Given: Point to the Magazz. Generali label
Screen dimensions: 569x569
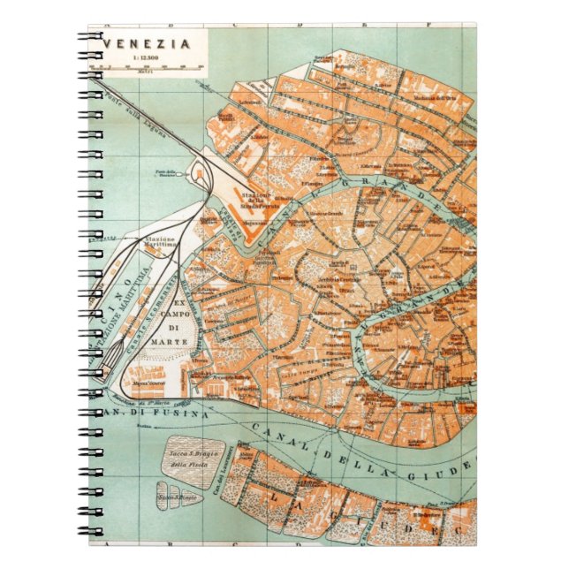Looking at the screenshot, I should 140,386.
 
